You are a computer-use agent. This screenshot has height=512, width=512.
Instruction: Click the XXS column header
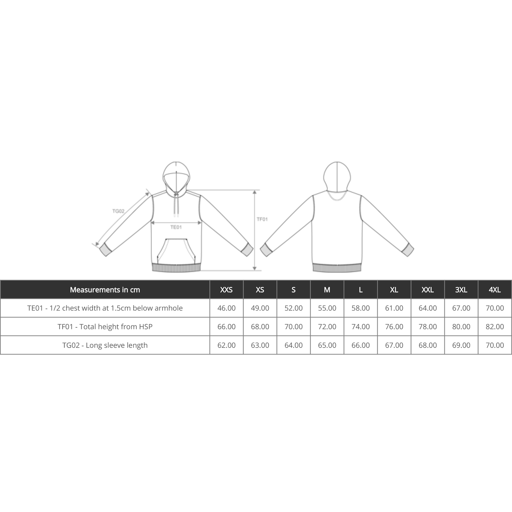(x=226, y=290)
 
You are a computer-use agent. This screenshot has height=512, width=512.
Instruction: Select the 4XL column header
(x=495, y=290)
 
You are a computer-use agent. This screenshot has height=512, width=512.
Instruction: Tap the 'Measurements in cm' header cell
(x=105, y=290)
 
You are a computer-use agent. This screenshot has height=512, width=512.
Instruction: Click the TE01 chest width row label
(x=105, y=308)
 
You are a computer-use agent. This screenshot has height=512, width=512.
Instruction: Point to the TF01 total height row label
(x=105, y=327)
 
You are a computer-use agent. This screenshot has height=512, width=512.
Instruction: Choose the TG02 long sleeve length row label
(x=105, y=345)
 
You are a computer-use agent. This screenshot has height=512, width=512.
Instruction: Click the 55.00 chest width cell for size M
(x=327, y=308)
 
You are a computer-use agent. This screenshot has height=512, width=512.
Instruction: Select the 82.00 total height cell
(x=495, y=327)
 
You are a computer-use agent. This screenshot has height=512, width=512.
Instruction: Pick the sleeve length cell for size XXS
(x=226, y=345)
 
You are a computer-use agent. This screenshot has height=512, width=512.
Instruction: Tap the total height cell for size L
(x=360, y=327)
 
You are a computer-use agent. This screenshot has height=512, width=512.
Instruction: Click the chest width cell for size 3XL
(x=461, y=308)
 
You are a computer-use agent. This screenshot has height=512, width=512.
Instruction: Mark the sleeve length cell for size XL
(x=394, y=345)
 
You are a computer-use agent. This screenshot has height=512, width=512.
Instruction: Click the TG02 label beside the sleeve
(x=118, y=211)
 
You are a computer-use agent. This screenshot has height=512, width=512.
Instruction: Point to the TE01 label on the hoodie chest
(x=176, y=227)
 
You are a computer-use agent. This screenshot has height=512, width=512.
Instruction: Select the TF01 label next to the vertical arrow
(x=262, y=219)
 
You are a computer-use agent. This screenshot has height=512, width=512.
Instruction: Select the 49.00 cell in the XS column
(x=260, y=308)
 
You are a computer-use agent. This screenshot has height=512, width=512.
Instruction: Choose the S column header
(x=293, y=290)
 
